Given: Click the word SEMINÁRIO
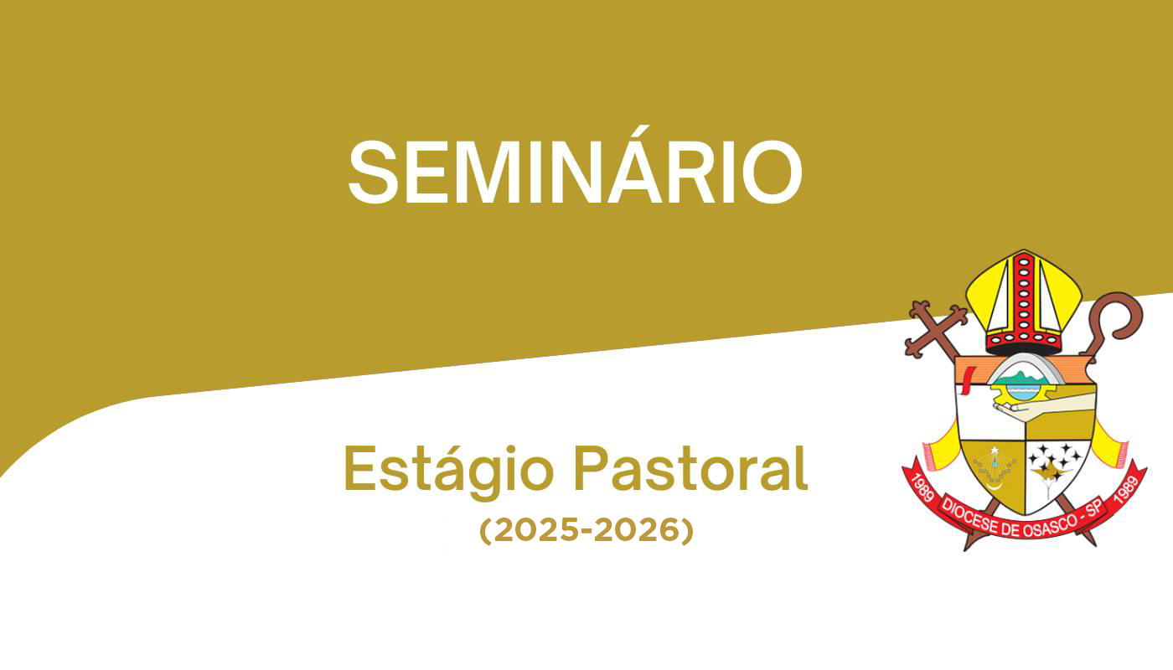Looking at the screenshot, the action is [x=575, y=165].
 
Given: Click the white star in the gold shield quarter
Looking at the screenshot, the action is [x=995, y=451].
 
